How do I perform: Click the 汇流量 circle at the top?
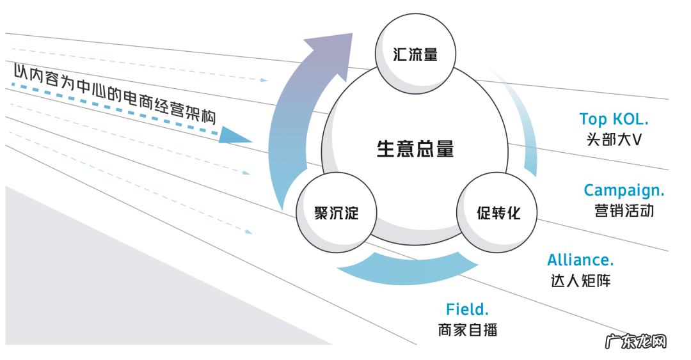[415, 54]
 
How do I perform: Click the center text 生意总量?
[415, 149]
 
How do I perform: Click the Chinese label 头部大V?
[614, 139]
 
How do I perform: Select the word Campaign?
[624, 190]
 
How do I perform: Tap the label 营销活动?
[624, 210]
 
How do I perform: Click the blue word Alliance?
[580, 260]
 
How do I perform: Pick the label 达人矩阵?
[580, 280]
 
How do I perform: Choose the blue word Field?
[467, 309]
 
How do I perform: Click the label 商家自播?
[468, 330]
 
